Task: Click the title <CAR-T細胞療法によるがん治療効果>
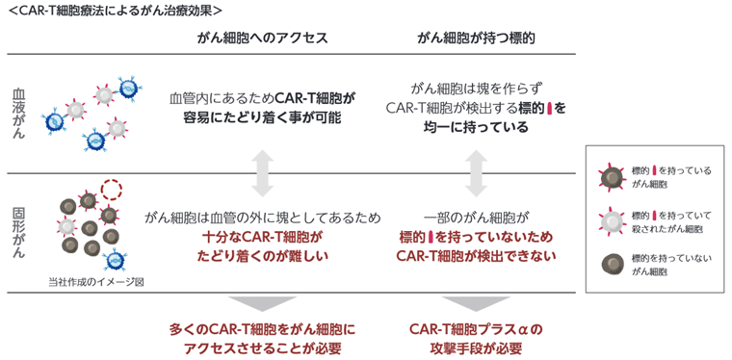tap(113, 11)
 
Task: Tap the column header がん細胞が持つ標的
tap(476, 39)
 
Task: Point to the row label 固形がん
tap(19, 232)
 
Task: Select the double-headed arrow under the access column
tap(262, 173)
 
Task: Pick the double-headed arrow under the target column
tap(476, 173)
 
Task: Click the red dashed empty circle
tap(112, 189)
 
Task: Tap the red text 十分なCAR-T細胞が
tap(262, 236)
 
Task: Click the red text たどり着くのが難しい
tap(262, 255)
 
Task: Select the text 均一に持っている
tap(476, 128)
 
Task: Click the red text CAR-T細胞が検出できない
tap(476, 255)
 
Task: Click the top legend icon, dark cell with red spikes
tap(609, 176)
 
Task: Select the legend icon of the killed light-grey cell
tap(609, 220)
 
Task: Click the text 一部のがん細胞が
tap(476, 217)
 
